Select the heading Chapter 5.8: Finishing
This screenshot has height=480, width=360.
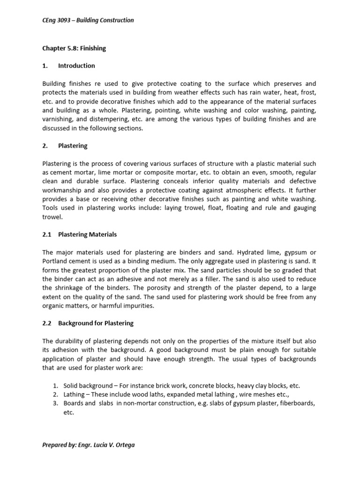tap(74, 48)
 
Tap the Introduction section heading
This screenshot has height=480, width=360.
tap(76, 66)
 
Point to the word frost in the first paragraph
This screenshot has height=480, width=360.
tap(308, 93)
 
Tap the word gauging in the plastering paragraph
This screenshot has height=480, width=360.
tap(302, 208)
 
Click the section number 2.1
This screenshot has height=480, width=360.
tap(46, 234)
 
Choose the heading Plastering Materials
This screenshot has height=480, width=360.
tap(87, 234)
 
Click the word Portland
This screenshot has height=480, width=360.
tap(55, 261)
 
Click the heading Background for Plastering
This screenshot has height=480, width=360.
tap(96, 323)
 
